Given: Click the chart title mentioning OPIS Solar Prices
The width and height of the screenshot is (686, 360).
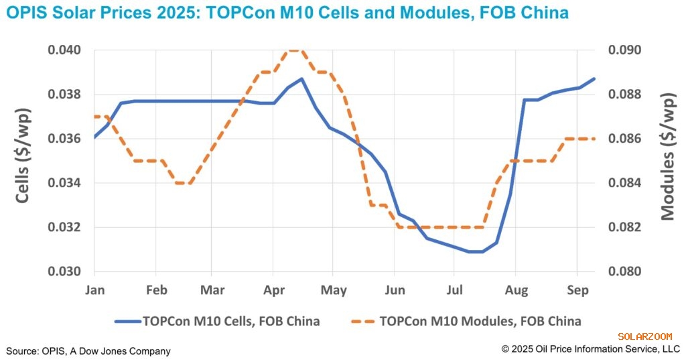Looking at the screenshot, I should [x=287, y=13].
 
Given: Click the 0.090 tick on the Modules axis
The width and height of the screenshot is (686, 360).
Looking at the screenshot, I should [x=624, y=50].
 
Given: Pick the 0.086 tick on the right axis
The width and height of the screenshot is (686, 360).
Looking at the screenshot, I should [x=624, y=139].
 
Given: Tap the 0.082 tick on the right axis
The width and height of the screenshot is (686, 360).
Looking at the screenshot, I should [x=624, y=227].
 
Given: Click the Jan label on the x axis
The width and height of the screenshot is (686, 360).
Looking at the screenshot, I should [x=94, y=290].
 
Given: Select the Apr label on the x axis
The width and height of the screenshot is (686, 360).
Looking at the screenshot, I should [x=273, y=290].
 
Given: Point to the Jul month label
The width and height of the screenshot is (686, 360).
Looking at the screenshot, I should [x=454, y=290].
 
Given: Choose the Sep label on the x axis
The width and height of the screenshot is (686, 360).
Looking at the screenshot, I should [x=577, y=290].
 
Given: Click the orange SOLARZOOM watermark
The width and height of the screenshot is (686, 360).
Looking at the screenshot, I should [x=648, y=337].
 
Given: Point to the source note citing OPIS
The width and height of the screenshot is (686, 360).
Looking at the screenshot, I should [x=88, y=351].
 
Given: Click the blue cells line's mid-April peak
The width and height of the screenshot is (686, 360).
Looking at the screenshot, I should [x=302, y=78].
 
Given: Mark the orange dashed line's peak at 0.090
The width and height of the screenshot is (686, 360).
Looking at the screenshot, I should [x=296, y=50].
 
